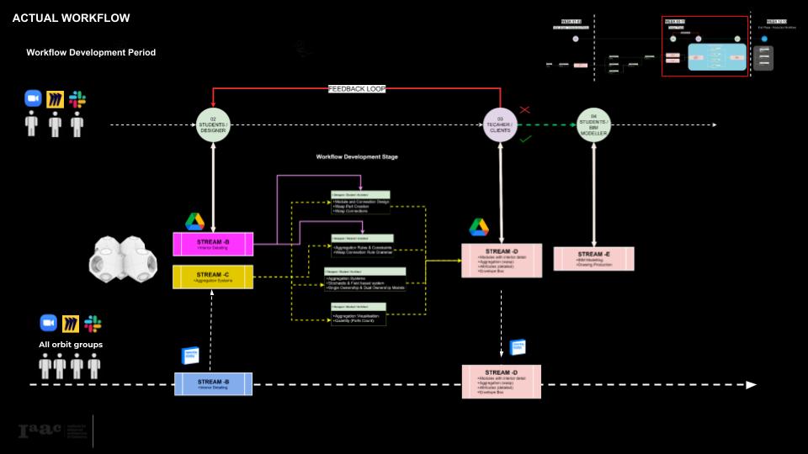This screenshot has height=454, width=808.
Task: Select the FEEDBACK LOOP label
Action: coord(357,88)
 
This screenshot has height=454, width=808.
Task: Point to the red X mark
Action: coord(525,110)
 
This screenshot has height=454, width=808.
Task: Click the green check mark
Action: coord(526,139)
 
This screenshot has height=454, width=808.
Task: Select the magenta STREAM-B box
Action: coord(213,244)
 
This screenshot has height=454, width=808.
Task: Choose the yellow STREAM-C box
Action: coord(213,277)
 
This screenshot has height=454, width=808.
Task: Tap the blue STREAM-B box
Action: coord(213,383)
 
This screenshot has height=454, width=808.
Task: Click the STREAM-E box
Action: coord(593,258)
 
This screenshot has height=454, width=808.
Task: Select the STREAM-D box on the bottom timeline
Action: coord(501,382)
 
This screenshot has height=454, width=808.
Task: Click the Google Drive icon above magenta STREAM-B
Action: coord(195,221)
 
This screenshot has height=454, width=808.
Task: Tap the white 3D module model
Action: coord(125,260)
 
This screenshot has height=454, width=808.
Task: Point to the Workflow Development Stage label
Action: coord(357,157)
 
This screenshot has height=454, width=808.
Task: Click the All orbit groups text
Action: coord(70,345)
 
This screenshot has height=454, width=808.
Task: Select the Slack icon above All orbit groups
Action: coord(93,324)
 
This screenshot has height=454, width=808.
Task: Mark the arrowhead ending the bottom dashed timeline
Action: coord(752,384)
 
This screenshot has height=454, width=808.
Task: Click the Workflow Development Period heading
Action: coord(91,52)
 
